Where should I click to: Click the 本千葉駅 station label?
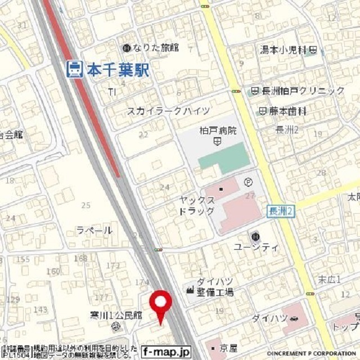tap(117, 69)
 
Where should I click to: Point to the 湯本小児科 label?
tap(285, 50)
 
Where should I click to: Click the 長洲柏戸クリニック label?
tap(303, 91)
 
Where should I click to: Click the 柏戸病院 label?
tap(218, 130)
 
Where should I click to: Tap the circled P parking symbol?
tap(248, 182)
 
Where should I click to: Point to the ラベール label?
tap(94, 231)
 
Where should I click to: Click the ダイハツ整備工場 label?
tap(215, 287)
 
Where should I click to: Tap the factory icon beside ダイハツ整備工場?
tap(190, 290)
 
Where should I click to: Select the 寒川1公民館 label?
tap(116, 316)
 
